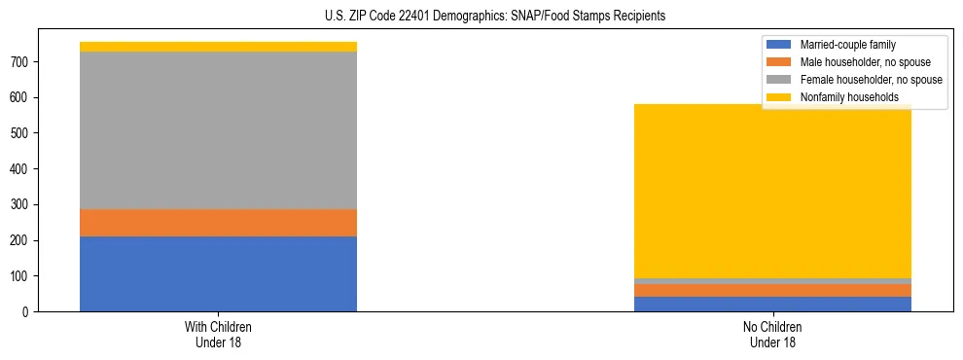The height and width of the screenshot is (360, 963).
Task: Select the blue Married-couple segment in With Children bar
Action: (218, 273)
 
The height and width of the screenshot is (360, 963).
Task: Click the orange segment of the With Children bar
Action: (218, 223)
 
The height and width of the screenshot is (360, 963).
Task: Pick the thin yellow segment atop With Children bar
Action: (218, 47)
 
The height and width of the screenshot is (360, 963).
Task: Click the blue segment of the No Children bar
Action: (772, 304)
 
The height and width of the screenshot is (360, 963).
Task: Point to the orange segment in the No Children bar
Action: (772, 290)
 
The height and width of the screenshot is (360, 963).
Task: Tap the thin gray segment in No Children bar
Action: (772, 281)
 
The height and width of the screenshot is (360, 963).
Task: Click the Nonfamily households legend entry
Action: (842, 97)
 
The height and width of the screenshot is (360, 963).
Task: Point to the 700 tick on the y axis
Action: (28, 62)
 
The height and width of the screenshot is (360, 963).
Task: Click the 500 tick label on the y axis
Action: (28, 133)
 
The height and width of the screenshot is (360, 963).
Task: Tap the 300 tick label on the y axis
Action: (28, 204)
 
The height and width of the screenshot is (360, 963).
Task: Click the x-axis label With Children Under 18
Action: (218, 334)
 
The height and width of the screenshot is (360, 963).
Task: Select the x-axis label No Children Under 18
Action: (772, 334)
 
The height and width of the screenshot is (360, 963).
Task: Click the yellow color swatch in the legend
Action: (779, 97)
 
